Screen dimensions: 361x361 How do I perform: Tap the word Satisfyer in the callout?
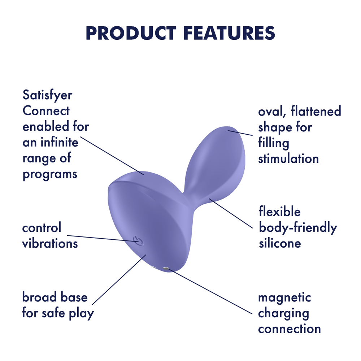coord(47,96)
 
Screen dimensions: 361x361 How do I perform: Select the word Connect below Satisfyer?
coord(46,111)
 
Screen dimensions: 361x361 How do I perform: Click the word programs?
coord(50,174)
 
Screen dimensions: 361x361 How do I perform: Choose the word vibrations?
coord(50,243)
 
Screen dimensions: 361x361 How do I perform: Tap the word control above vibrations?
coord(42,228)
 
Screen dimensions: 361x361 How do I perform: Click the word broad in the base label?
coord(39,297)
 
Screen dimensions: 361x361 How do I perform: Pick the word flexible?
coord(280,212)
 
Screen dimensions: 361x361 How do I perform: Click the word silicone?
coord(280,243)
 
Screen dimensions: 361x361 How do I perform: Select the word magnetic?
coord(284,297)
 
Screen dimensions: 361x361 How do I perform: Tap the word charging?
coord(284,313)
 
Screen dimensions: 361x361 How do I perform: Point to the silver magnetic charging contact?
coord(166,269)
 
